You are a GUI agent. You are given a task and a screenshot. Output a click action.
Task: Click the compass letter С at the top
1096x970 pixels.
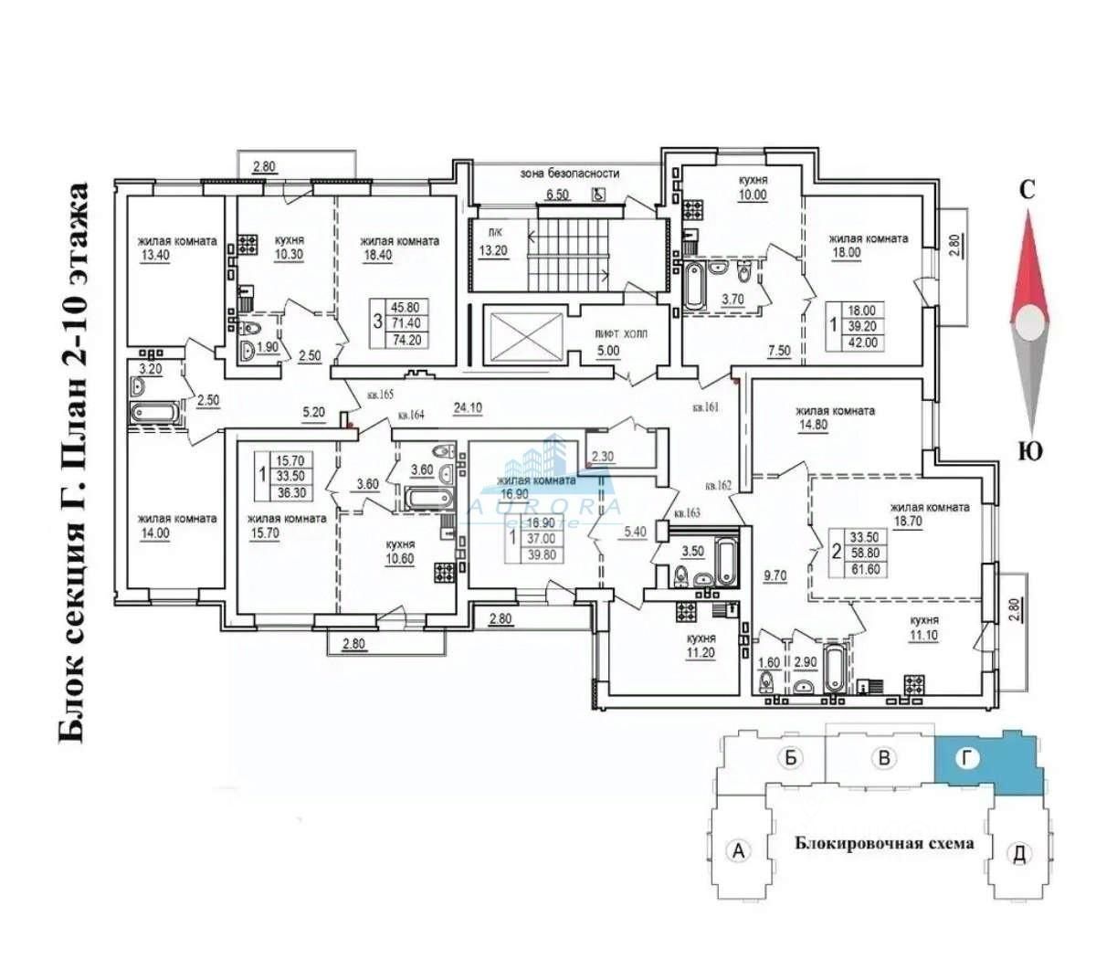point(1027,190)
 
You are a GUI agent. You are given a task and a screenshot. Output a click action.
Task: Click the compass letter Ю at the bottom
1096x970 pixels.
point(1030,451)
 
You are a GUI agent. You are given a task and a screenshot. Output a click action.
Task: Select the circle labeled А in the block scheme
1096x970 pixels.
point(738,850)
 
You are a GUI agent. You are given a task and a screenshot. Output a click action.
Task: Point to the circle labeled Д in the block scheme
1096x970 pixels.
point(1019,854)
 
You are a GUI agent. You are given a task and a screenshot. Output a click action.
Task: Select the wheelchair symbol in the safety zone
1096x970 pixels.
point(599,193)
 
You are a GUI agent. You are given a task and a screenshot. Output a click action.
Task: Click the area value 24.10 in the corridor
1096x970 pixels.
point(467,408)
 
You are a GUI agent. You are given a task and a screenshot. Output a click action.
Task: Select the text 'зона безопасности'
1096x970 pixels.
point(570,173)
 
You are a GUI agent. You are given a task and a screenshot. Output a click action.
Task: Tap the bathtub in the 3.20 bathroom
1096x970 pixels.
point(157,413)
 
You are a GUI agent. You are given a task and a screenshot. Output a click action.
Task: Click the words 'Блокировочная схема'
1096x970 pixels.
point(883,843)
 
